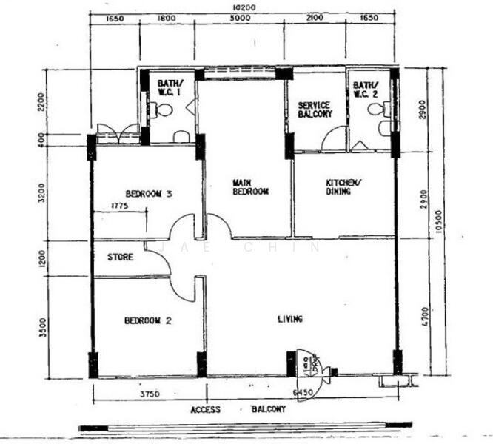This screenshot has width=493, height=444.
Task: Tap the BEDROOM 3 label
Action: coord(149,194)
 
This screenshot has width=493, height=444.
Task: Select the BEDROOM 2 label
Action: coord(148,320)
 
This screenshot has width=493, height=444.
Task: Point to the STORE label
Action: coord(120,258)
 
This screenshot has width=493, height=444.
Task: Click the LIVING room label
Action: coord(290,319)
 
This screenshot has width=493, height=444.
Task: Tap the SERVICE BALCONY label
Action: coord(315,110)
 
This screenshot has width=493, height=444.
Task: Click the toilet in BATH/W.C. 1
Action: coord(163,111)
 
